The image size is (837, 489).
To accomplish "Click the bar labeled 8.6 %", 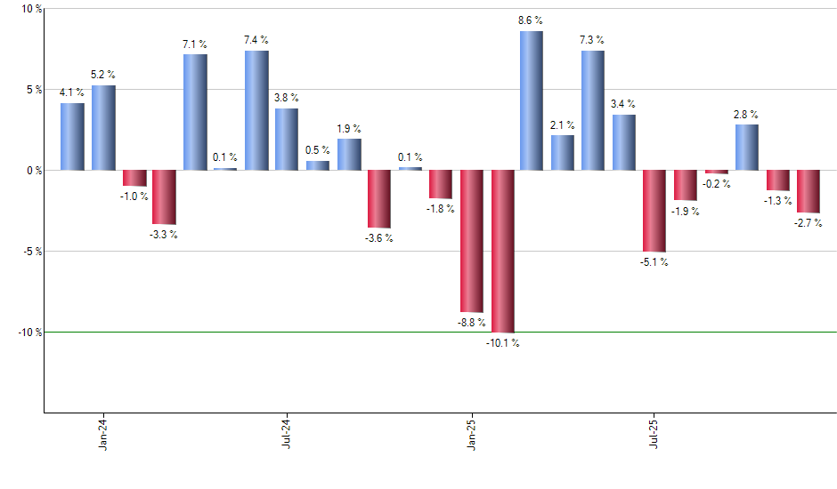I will pyautogui.click(x=532, y=100).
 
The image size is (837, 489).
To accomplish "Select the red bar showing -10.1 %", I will pyautogui.click(x=502, y=251).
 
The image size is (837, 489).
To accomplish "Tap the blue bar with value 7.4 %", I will pyautogui.click(x=256, y=110).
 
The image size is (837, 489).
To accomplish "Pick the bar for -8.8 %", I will pyautogui.click(x=471, y=240).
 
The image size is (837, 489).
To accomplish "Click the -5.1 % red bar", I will pyautogui.click(x=654, y=211).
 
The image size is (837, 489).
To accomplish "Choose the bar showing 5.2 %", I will pyautogui.click(x=103, y=127).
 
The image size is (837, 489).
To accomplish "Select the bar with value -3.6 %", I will pyautogui.click(x=379, y=199).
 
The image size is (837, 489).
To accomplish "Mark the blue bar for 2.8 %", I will pyautogui.click(x=747, y=147).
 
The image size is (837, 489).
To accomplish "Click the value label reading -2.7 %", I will pyautogui.click(x=809, y=223).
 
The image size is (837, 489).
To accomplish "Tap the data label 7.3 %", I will pyautogui.click(x=592, y=40).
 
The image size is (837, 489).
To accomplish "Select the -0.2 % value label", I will pyautogui.click(x=716, y=184).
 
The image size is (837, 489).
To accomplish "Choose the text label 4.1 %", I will pyautogui.click(x=72, y=92).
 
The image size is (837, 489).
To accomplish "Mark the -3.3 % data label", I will pyautogui.click(x=163, y=235).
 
